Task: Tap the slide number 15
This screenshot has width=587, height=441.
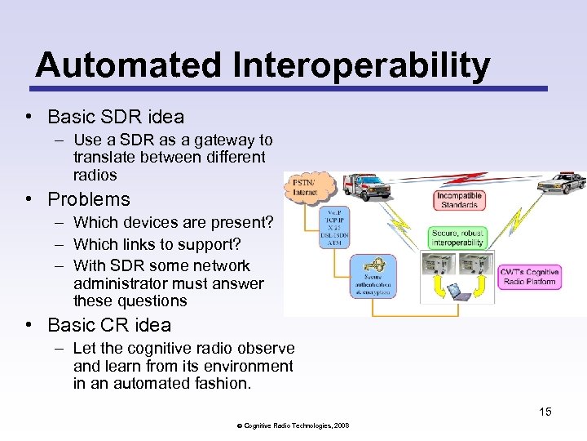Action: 545,412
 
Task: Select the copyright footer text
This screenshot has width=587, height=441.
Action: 293,425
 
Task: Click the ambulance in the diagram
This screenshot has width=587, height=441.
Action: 365,187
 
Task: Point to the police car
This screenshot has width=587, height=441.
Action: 562,183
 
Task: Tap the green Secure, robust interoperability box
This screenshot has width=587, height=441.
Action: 458,237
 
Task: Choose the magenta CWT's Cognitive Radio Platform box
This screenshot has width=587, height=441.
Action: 529,276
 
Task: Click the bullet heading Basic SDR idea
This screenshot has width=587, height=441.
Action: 116,116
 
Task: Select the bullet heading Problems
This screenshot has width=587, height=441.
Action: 89,199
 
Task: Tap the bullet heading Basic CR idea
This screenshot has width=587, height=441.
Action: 109,324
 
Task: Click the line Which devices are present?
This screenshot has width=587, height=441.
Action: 173,222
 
